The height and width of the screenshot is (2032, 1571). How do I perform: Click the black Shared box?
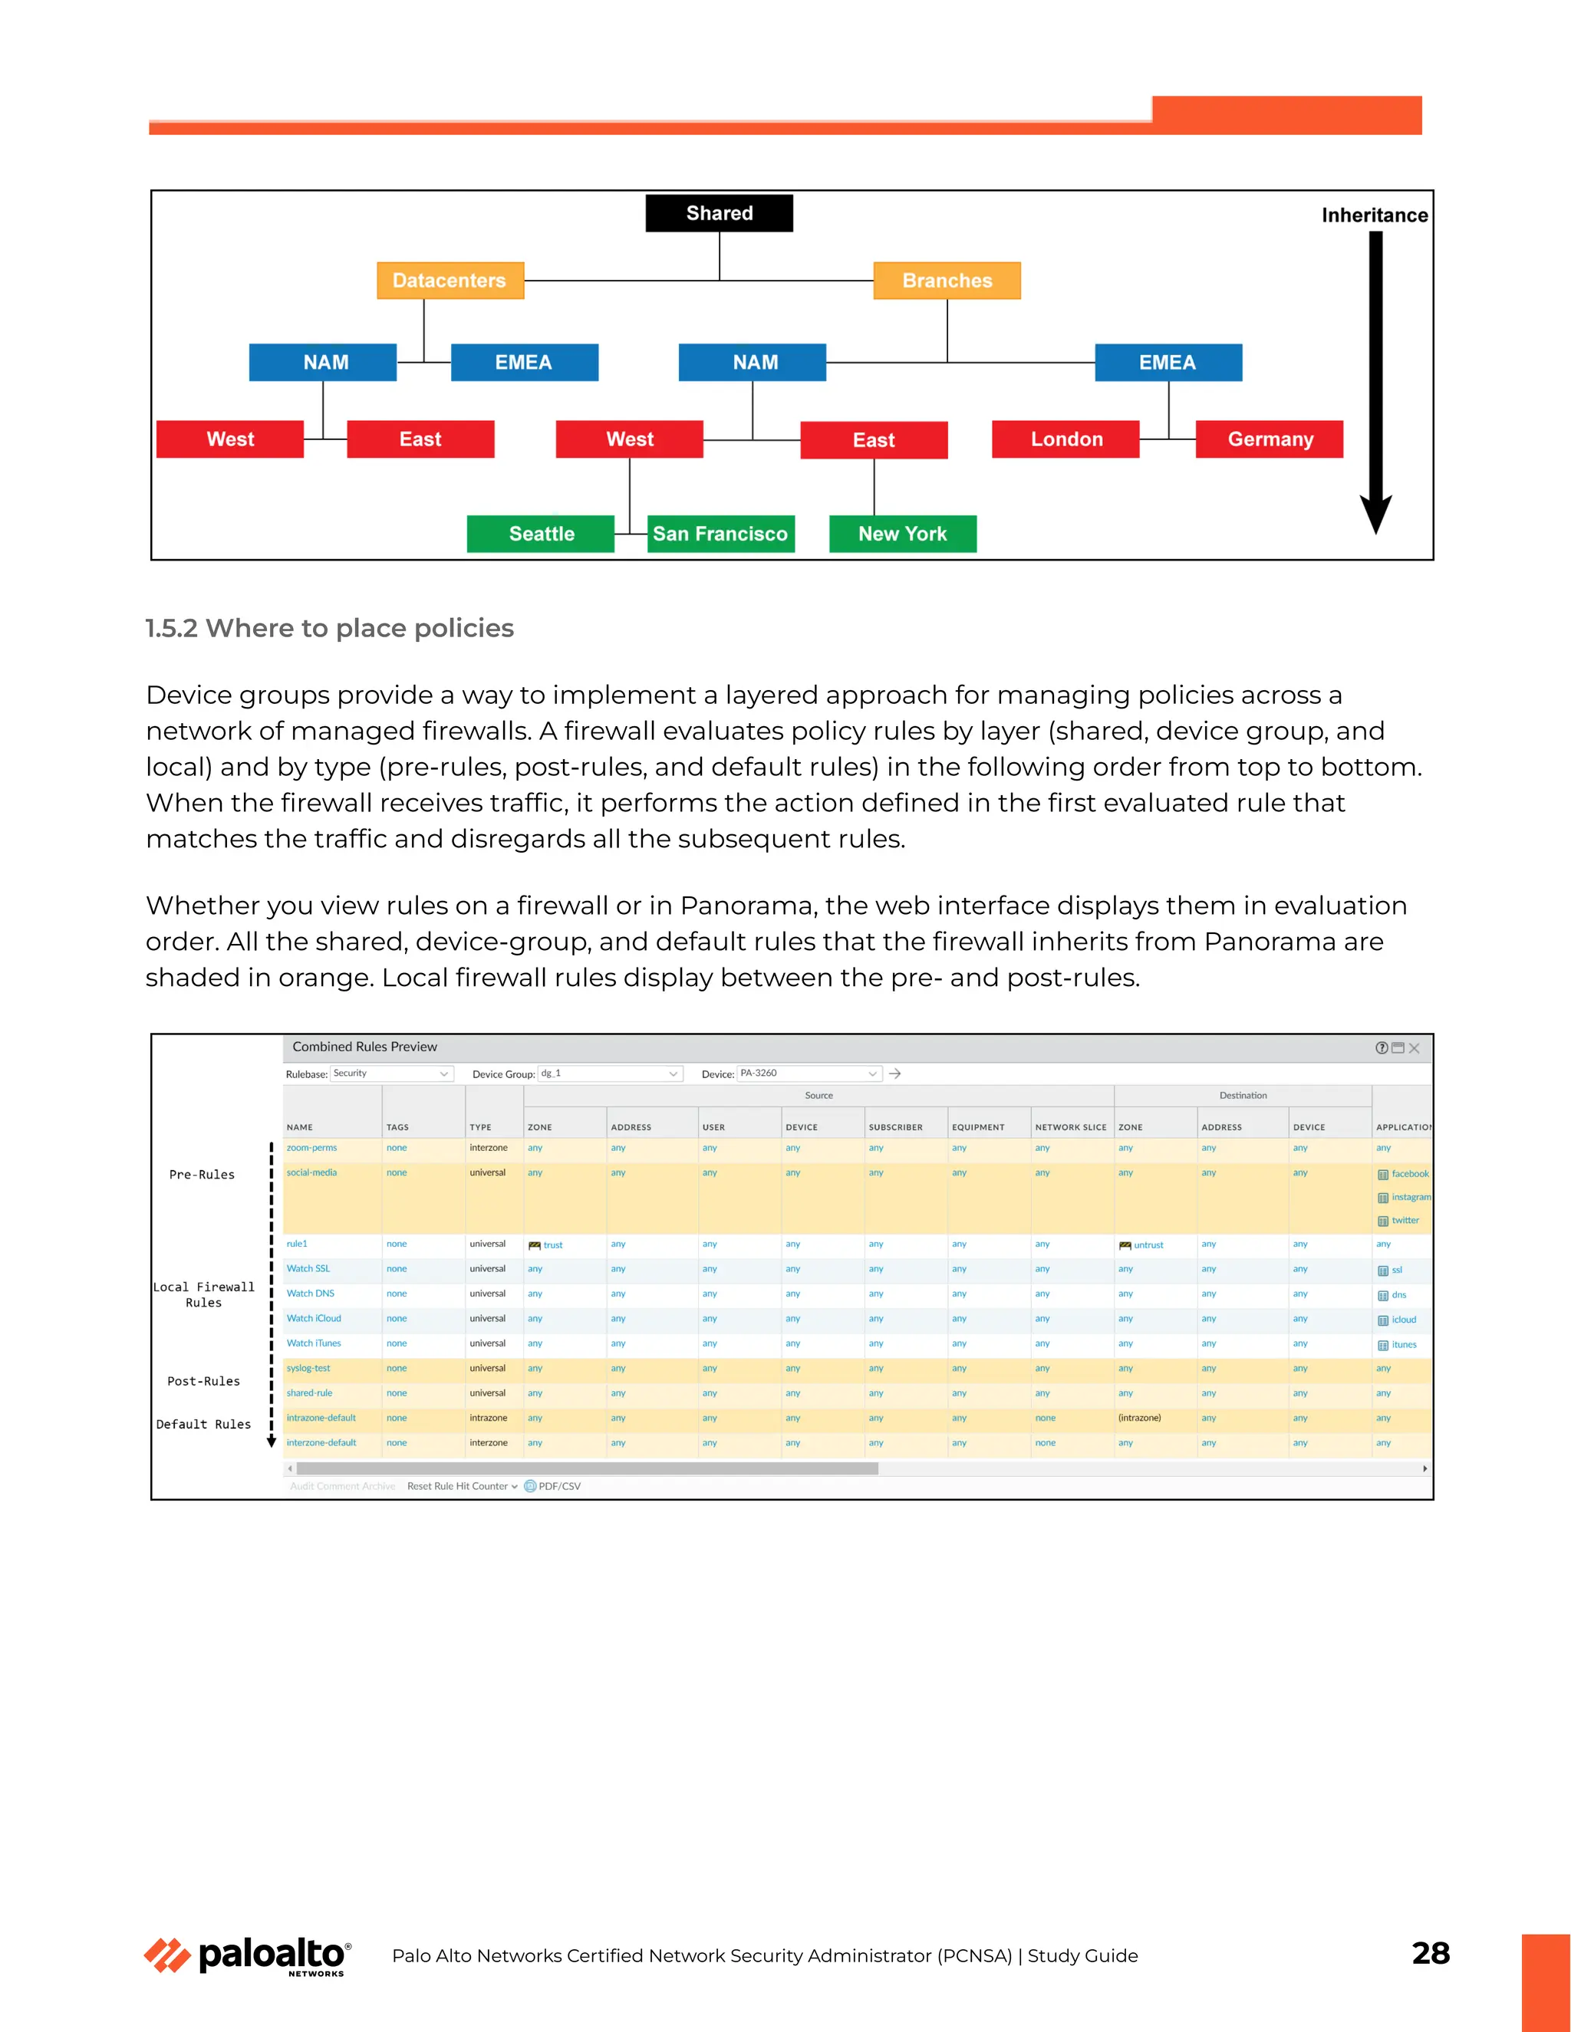pyautogui.click(x=719, y=213)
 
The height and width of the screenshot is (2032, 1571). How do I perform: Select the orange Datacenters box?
pyautogui.click(x=450, y=280)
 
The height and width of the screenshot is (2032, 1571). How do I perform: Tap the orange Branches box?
pyautogui.click(x=947, y=280)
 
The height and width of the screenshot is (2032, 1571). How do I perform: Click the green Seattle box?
pyautogui.click(x=541, y=534)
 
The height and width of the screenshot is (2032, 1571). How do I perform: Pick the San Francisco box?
pyautogui.click(x=720, y=534)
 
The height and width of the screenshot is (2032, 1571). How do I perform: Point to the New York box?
pyautogui.click(x=902, y=534)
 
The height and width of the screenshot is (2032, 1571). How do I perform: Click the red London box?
pyautogui.click(x=1065, y=439)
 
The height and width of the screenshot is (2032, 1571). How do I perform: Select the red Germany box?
pyautogui.click(x=1270, y=439)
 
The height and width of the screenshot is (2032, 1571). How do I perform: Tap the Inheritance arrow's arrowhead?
pyautogui.click(x=1375, y=515)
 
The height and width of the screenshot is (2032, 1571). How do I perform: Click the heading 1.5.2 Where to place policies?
pyautogui.click(x=329, y=628)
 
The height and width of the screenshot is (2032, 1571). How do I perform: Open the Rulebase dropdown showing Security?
pyautogui.click(x=391, y=1074)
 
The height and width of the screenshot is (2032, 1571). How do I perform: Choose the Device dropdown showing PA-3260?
pyautogui.click(x=808, y=1074)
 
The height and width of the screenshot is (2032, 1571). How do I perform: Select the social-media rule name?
pyautogui.click(x=311, y=1172)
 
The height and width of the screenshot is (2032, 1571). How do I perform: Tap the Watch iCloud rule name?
pyautogui.click(x=314, y=1318)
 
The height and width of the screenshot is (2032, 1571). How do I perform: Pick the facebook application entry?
pyautogui.click(x=1409, y=1174)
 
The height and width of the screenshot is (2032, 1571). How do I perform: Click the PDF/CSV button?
pyautogui.click(x=558, y=1486)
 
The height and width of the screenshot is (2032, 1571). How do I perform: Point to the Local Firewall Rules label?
pyautogui.click(x=204, y=1294)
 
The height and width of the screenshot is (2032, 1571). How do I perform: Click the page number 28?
pyautogui.click(x=1430, y=1953)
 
